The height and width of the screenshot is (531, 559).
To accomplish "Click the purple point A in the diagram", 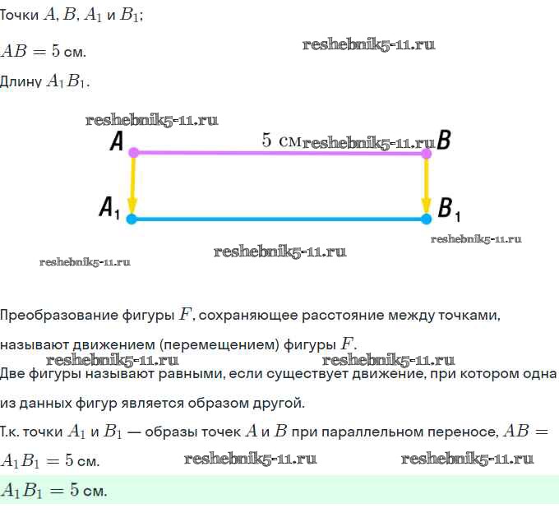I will (134, 152).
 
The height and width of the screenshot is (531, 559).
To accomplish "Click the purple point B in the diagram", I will (426, 153).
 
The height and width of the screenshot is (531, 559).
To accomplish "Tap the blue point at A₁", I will (132, 219).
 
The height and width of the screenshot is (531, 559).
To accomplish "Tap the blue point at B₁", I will (426, 219).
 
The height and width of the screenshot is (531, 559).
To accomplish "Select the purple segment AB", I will (279, 153).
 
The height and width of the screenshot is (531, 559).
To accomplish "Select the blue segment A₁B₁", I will (279, 219).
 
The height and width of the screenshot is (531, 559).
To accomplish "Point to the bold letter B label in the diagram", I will (444, 141).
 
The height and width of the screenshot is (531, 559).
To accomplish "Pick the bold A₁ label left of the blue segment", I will (110, 207).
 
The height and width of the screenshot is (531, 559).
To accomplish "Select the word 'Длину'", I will (21, 81).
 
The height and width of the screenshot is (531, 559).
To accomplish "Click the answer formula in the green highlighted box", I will (54, 491).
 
